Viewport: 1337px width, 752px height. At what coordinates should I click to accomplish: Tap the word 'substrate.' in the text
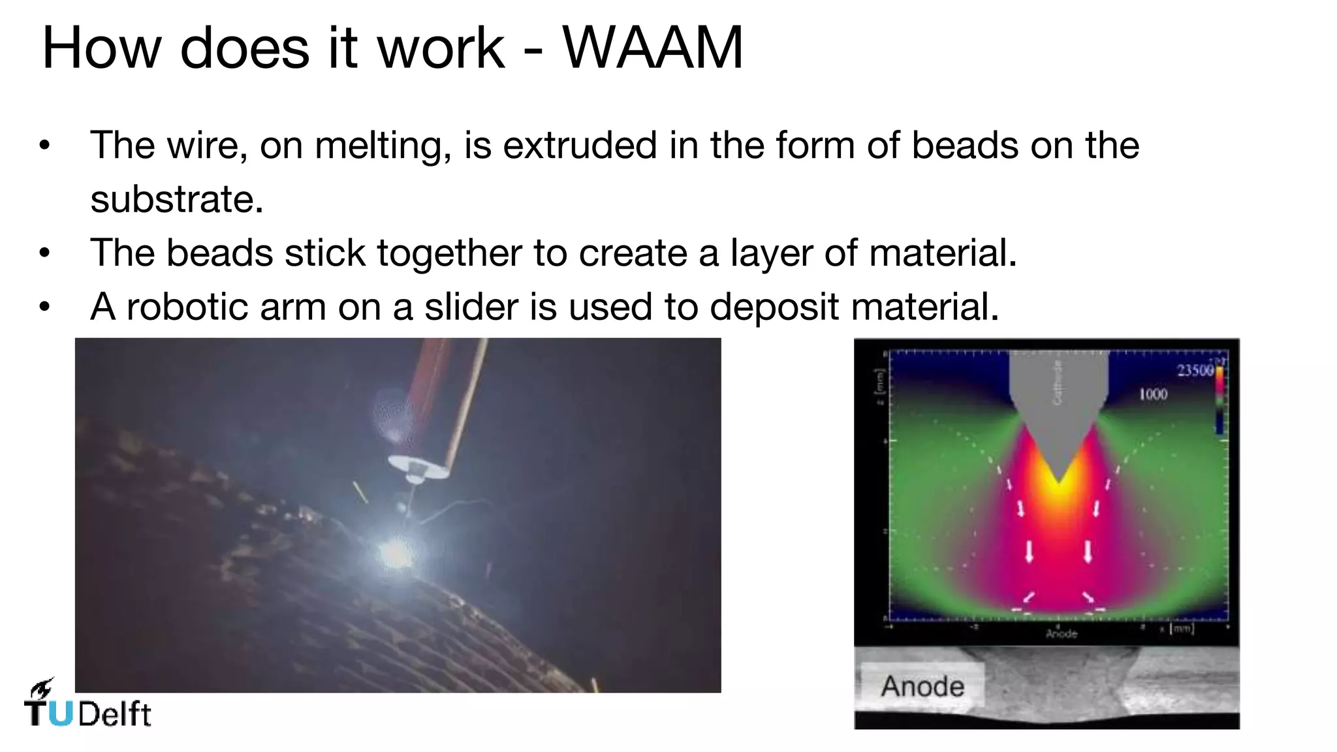176,199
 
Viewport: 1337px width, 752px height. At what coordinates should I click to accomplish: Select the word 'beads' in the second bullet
219,253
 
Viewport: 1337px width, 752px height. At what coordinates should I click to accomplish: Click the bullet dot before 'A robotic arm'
44,306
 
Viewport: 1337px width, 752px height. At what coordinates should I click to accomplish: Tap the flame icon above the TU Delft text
42,688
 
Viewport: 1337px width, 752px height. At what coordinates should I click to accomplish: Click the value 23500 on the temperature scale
1195,371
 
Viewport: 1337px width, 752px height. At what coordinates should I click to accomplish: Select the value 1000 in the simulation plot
1153,394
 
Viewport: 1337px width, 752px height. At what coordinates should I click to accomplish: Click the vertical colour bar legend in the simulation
1219,399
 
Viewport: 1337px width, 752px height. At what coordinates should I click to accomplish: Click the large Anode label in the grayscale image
922,686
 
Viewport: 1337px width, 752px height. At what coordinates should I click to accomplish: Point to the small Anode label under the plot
1061,633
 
